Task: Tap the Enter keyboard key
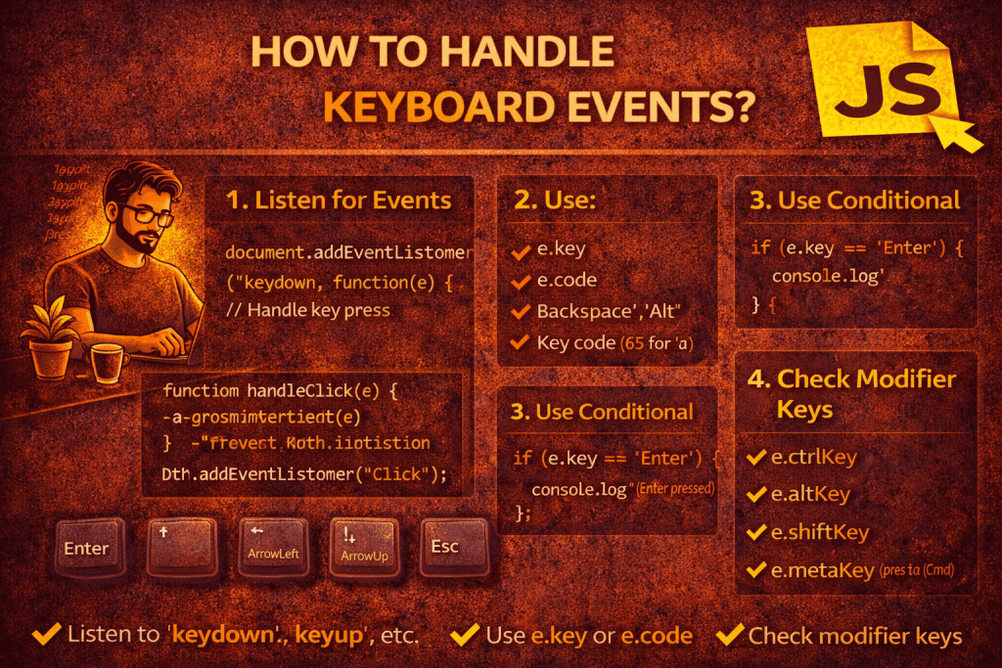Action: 86,548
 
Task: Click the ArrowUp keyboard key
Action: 364,548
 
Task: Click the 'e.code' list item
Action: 567,280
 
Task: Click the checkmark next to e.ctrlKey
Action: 754,457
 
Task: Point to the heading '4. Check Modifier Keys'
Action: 851,392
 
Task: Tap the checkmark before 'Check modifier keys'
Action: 729,635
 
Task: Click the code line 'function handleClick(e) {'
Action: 279,391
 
